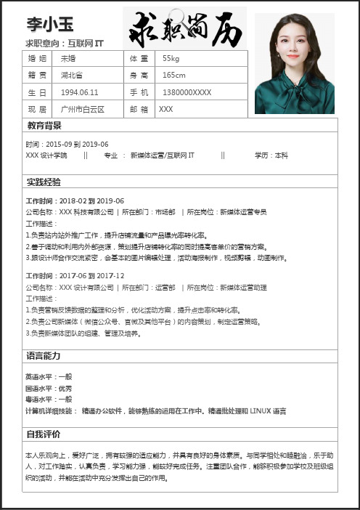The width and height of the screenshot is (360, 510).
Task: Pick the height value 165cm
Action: coord(174,75)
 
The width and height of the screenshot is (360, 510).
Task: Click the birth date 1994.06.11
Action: coord(80,92)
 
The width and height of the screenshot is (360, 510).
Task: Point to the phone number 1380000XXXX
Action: coord(187,92)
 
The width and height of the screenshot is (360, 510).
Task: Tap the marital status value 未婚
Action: coord(68,58)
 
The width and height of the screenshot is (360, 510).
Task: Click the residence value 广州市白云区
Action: coord(83,109)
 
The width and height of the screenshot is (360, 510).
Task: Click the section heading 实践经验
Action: coord(44,182)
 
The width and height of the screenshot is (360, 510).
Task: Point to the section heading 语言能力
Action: coord(44,356)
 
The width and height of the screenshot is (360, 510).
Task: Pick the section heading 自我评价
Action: coord(44,434)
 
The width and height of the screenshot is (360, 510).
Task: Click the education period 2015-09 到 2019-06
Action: coord(76,144)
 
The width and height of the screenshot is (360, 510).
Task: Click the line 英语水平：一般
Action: coord(49,376)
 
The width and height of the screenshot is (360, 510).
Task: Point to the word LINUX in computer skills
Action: coord(261,411)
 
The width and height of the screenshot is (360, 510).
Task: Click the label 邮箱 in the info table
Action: coord(138,109)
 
